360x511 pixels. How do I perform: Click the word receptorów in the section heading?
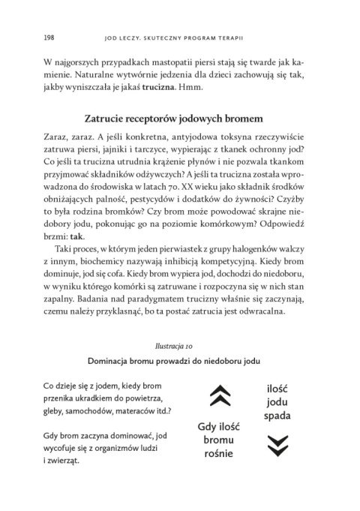point(165,117)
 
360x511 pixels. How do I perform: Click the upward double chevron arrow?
point(220,393)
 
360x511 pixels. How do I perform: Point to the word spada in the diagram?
point(277,414)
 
